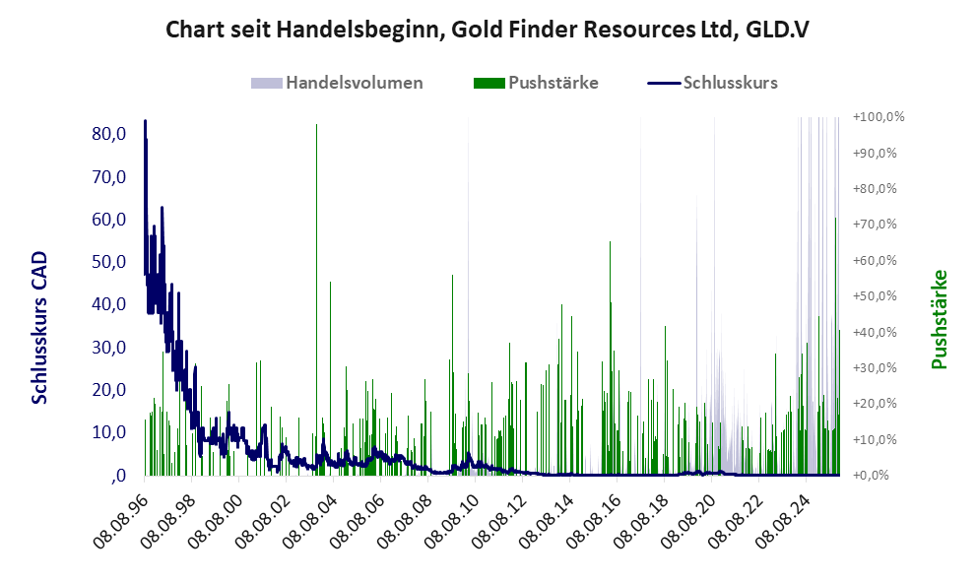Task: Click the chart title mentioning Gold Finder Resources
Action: click(488, 30)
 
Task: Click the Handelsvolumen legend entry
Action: click(354, 83)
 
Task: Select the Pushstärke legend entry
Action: click(553, 83)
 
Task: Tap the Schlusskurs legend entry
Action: click(730, 83)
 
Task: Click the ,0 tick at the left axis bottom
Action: click(118, 476)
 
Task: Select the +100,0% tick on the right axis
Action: click(879, 117)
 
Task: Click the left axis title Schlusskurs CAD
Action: click(40, 327)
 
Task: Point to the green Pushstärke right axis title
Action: click(939, 319)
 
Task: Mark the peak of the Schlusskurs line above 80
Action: click(145, 121)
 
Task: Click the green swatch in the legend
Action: click(488, 83)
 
